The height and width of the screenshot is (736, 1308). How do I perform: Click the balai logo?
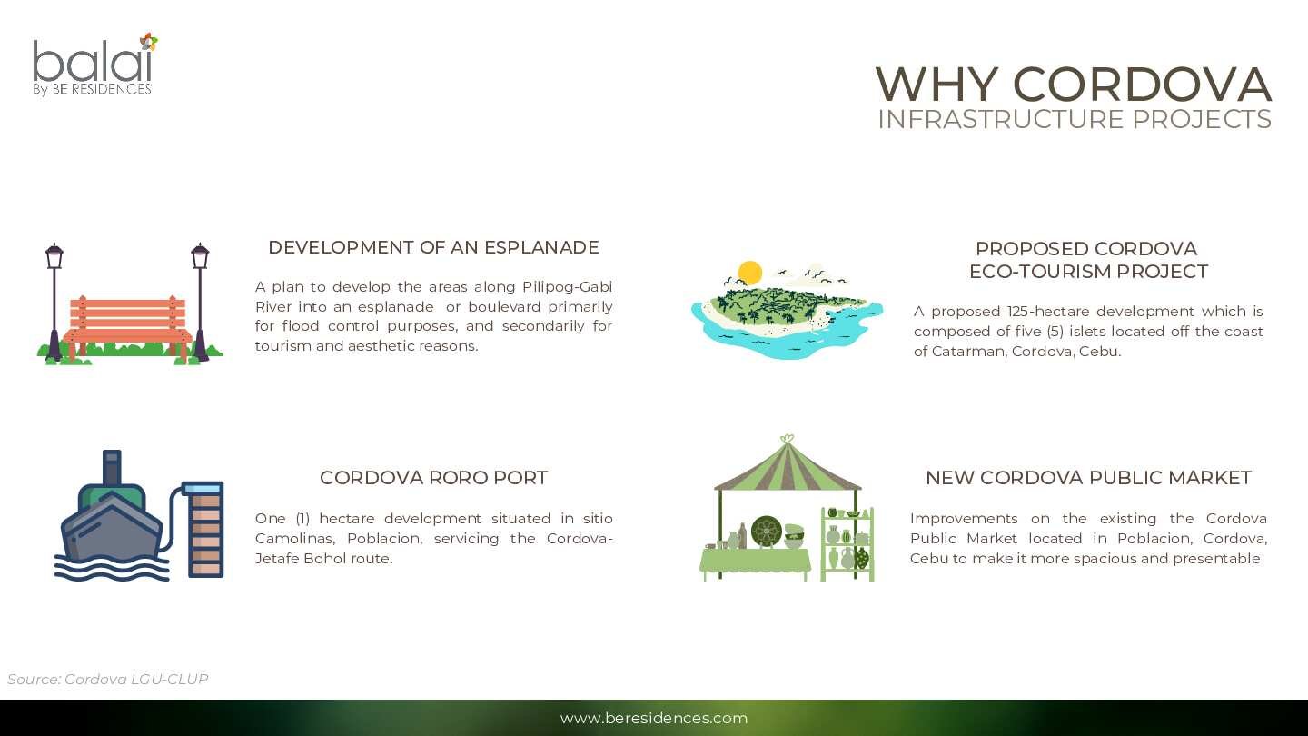[94, 65]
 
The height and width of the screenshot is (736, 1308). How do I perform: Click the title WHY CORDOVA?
[1074, 85]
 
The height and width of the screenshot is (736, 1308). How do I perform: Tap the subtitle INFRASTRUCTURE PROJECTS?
[1075, 119]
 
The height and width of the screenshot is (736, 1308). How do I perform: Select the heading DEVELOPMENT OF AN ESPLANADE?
[434, 248]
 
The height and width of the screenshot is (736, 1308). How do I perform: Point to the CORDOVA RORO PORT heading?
[434, 478]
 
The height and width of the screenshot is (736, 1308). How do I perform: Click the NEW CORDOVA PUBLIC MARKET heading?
[1088, 478]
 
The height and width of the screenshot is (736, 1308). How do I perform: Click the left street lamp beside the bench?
[54, 302]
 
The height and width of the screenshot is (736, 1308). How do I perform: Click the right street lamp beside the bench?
[200, 302]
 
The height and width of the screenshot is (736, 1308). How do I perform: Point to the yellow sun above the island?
[749, 273]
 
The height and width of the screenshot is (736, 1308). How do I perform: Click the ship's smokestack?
[112, 467]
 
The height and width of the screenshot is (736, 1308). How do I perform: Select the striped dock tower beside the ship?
[205, 529]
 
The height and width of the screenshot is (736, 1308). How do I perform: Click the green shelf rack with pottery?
[847, 543]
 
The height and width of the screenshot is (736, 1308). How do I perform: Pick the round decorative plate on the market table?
[766, 532]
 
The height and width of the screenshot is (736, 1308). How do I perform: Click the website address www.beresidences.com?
[654, 718]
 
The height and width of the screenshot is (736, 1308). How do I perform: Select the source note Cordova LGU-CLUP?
[107, 680]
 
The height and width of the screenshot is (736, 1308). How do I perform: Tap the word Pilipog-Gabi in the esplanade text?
[567, 287]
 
